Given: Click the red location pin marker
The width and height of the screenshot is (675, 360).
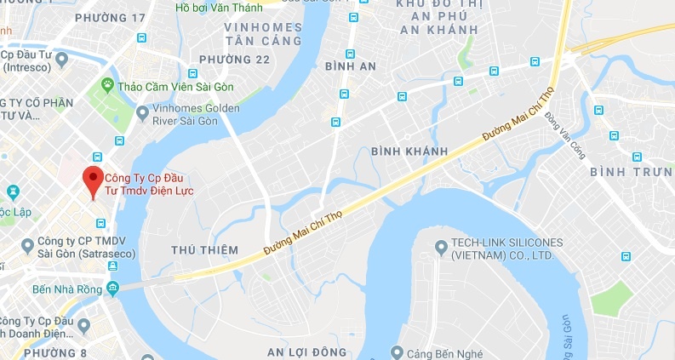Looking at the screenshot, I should [93, 180].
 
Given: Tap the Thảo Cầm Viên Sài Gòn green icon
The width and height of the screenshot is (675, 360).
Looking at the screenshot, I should [108, 84].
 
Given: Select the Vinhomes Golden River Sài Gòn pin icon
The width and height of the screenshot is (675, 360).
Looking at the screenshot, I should [142, 111].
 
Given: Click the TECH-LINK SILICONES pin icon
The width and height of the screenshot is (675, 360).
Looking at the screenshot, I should [440, 248].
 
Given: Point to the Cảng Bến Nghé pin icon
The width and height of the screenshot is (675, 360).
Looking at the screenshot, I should [398, 352].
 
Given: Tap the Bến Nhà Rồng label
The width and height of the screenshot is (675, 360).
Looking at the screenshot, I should [62, 290].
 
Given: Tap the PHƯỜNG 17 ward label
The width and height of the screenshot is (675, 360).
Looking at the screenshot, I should [111, 17].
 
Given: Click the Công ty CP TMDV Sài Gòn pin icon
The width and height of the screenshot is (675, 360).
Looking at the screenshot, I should [29, 244].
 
